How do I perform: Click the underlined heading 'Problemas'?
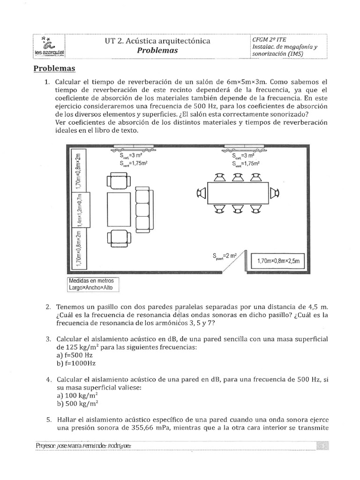click(x=54, y=69)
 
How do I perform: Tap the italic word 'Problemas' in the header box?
click(x=157, y=51)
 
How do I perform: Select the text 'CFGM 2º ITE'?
click(x=269, y=40)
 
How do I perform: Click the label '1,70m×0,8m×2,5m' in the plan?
click(x=278, y=261)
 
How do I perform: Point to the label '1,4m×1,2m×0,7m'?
click(x=81, y=210)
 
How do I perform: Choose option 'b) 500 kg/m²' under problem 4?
click(x=77, y=403)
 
